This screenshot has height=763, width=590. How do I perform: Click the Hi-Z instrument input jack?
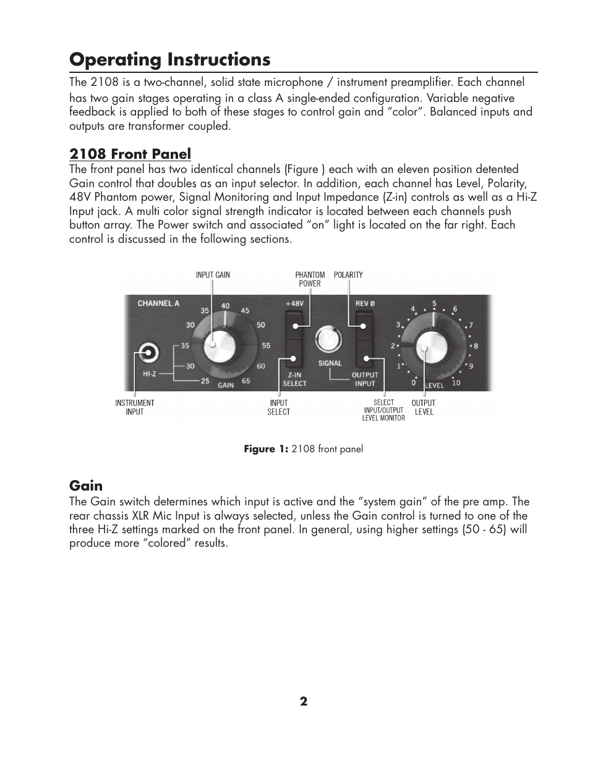pos(148,353)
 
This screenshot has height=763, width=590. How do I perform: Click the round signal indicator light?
pos(328,339)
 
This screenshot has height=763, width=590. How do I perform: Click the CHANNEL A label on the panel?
pos(158,303)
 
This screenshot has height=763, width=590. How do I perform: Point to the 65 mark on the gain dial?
pos(246,381)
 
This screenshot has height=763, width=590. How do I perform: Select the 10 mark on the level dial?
pos(456,383)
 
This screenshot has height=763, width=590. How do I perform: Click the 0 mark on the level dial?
pos(414,383)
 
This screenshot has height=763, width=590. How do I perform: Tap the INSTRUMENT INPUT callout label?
pos(135,407)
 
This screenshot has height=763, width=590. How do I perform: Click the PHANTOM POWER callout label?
pos(310,279)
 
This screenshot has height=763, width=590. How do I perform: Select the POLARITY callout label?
pos(348,275)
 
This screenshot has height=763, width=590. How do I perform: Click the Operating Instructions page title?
pos(170,59)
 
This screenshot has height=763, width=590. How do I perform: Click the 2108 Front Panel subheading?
pos(130,154)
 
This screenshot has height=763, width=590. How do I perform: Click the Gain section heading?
pos(86,486)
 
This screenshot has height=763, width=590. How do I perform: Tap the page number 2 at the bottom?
pos(304,701)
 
